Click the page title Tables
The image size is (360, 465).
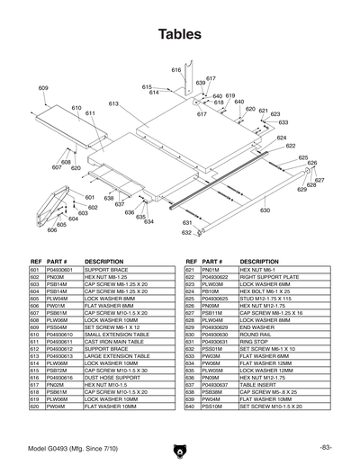180,35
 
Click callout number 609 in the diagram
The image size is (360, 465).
43,87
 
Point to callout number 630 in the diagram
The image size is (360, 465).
265,210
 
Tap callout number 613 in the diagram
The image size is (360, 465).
114,103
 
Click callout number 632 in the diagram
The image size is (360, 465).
186,232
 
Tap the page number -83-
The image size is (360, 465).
325,447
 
